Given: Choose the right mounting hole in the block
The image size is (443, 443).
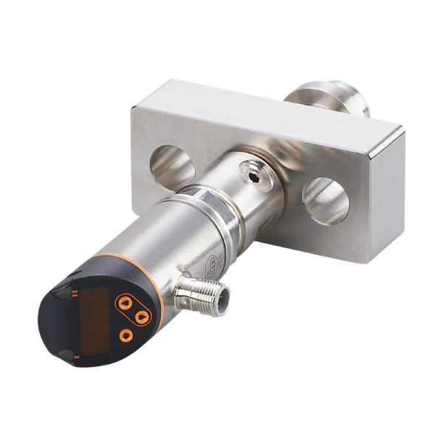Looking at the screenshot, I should (x=325, y=199).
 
